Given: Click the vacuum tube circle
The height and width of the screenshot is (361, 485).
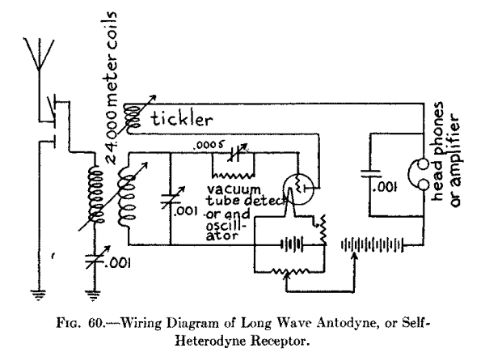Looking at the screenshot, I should (298, 185).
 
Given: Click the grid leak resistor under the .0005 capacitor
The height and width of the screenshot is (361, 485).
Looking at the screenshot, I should (233, 172).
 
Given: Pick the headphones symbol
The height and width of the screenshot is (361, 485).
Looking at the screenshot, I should (421, 171).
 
